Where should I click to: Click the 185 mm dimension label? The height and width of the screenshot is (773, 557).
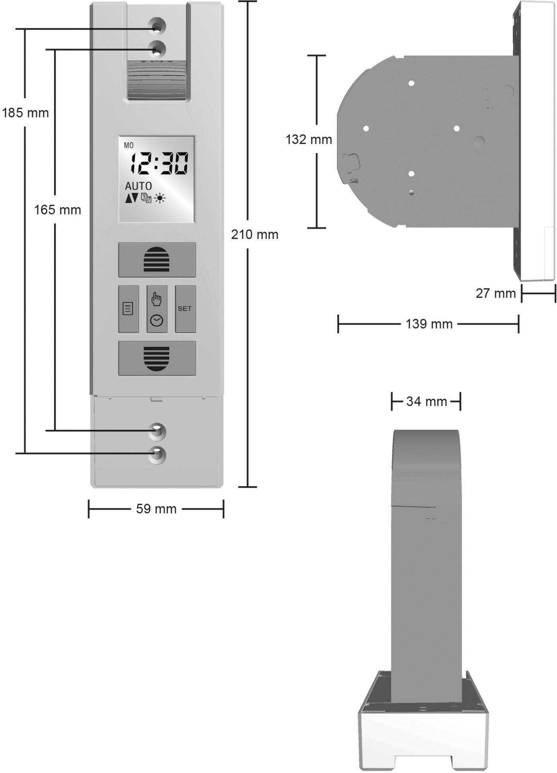coord(25,113)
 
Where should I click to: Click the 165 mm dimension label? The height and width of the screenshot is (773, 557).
coord(57,210)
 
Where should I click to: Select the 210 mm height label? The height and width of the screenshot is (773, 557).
coord(255,235)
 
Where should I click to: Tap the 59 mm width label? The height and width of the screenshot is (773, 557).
coord(156,509)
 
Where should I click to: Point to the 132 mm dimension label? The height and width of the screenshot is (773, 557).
coord(309,140)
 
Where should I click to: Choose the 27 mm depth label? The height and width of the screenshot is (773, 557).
coord(495,293)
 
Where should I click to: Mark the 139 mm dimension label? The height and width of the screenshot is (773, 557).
coord(429,324)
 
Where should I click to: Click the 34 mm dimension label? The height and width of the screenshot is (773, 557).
coord(427,402)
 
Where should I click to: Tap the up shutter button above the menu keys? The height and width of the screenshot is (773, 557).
coord(157,260)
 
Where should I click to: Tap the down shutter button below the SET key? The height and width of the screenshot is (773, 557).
coord(157,358)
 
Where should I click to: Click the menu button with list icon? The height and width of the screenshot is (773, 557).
coord(128,309)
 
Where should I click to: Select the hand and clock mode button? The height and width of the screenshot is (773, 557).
coord(157,309)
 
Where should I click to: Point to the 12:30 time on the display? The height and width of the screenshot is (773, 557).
coord(160,164)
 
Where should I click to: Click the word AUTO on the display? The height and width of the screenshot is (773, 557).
coord(138,186)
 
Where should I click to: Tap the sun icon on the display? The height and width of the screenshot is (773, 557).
coord(160,198)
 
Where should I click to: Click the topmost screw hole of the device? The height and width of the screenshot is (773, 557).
coord(157,26)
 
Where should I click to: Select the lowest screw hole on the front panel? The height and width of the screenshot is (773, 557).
coord(157,455)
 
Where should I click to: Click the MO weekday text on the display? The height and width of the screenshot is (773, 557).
coord(129,146)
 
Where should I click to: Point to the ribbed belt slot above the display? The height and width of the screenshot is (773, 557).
coord(156,81)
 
